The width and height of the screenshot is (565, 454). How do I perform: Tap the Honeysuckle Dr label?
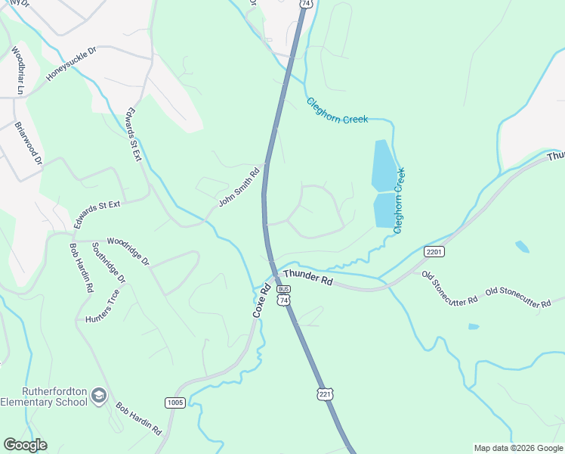tap(72, 66)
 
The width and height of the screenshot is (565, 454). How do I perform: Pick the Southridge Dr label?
tap(109, 263)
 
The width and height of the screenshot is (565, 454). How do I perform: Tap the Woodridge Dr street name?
tap(128, 250)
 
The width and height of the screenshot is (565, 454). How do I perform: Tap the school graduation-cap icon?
tap(99, 396)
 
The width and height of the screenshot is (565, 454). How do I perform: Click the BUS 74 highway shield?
tap(283, 295)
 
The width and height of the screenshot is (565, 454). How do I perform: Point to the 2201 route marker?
tap(434, 251)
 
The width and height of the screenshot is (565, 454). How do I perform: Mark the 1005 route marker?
tap(175, 403)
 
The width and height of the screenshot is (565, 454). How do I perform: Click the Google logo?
tap(25, 445)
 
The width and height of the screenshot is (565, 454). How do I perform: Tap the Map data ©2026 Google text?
tap(518, 448)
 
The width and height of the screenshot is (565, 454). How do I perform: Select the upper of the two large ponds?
tap(383, 164)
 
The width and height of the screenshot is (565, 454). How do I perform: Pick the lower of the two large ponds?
tap(385, 210)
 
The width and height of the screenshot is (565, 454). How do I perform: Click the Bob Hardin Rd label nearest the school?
tap(139, 418)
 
